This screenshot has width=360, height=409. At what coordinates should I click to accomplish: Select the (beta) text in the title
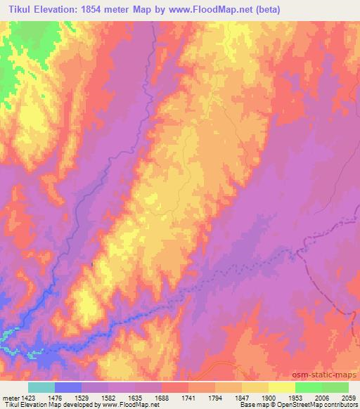point(289,9)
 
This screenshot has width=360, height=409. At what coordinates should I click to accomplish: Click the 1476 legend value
point(56,397)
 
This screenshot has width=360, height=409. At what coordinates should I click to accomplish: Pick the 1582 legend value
point(109,397)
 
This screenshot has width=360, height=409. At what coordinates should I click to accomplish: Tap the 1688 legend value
point(162,397)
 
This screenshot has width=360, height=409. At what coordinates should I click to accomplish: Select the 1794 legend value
point(216,397)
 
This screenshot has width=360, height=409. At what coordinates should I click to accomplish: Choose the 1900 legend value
point(269,397)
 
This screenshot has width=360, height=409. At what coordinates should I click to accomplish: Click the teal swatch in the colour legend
point(41,387)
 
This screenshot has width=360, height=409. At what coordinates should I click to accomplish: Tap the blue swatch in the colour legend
point(68,387)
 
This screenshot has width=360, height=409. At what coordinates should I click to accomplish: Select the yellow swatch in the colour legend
point(281,387)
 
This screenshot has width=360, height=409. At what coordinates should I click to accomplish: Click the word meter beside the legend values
point(10,397)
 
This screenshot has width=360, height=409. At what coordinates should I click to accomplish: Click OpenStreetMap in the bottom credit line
point(287,405)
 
